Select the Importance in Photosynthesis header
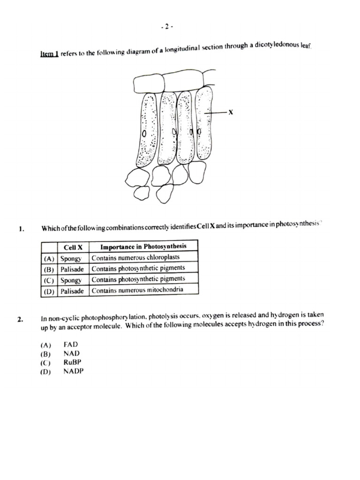click(143, 246)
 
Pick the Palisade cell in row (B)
click(72, 269)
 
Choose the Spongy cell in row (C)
click(71, 280)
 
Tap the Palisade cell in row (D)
click(72, 291)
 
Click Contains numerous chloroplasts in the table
click(136, 257)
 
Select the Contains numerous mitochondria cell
click(137, 290)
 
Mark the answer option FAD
click(70, 344)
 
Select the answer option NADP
click(73, 372)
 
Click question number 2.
click(20, 319)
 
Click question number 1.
click(20, 229)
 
